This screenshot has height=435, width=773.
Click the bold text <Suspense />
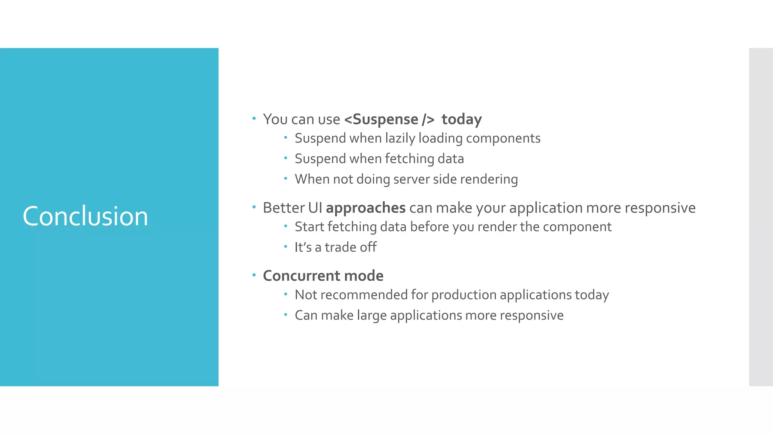coord(389,119)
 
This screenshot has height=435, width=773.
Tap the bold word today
coord(461,119)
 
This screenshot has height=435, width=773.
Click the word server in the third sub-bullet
coord(411,179)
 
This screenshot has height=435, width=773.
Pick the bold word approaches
coord(365,208)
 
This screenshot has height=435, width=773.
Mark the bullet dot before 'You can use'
coord(254,119)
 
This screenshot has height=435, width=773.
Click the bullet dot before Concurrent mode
coord(254,275)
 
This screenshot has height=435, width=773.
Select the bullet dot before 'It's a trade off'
coord(286,247)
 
